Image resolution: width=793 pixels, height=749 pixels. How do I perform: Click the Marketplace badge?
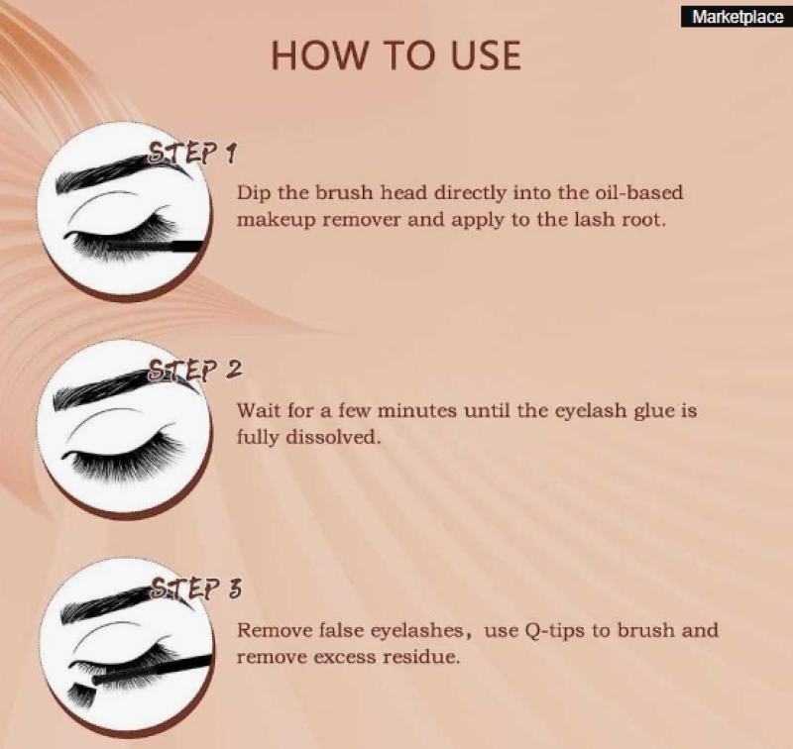pos(736,17)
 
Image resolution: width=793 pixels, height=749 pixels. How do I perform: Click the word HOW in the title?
pos(317,55)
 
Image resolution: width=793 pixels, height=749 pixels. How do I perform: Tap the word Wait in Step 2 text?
pos(260,410)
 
